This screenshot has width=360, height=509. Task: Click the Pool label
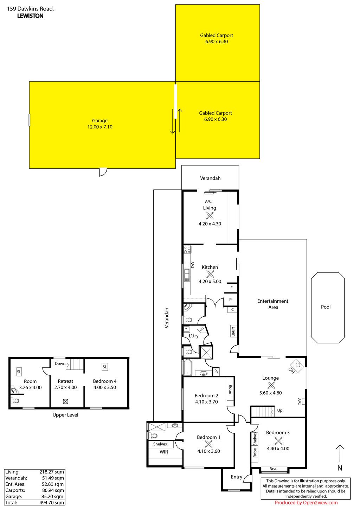coord(326,307)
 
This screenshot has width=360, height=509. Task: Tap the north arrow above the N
coord(340,453)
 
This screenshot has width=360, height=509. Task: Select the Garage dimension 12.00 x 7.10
coord(100,127)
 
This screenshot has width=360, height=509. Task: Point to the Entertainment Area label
coord(273,304)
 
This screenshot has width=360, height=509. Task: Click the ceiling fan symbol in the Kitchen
coord(210,274)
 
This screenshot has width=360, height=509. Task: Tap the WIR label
coord(164,452)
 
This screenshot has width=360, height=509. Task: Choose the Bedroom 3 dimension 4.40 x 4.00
coord(278,449)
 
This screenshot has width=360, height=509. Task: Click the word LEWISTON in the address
coord(30,16)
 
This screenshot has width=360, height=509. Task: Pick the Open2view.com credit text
coord(306,503)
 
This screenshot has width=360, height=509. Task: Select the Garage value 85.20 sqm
coord(51,497)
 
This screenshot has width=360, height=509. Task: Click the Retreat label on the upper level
coord(65,381)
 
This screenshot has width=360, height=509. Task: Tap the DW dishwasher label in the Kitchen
coord(193,265)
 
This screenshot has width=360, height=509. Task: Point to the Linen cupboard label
coord(233,331)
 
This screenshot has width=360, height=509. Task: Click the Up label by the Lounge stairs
coord(280,410)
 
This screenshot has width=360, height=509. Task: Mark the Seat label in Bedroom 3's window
coord(274,469)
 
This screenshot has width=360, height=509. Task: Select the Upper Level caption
coord(65,415)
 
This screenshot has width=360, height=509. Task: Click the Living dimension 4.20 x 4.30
coord(210,224)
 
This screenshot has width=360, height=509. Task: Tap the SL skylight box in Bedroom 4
coord(105,367)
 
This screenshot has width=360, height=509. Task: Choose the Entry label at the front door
coord(237,477)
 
